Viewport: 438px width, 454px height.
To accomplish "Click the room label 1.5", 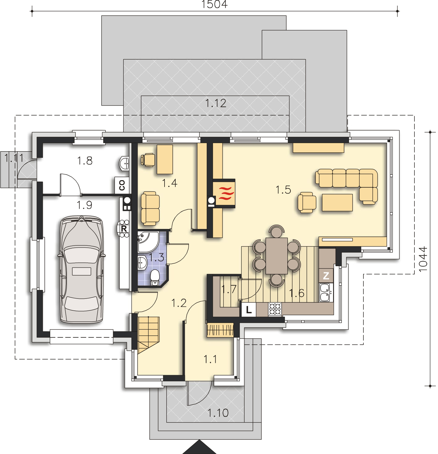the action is (x=283, y=190).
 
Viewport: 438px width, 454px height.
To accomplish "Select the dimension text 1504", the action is (x=214, y=5).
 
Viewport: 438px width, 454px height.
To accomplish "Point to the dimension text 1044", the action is (x=423, y=258).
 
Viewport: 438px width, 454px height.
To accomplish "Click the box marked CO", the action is (x=122, y=185).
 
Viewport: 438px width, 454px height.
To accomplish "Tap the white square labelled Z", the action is (x=326, y=275).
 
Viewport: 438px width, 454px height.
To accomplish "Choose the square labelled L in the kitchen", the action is (x=249, y=310).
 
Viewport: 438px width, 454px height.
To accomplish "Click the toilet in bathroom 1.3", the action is (x=155, y=278).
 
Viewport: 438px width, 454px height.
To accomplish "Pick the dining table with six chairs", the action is (x=276, y=255).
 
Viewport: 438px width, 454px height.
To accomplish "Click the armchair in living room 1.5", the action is (x=307, y=202).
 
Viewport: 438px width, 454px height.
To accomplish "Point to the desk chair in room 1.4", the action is (x=148, y=159).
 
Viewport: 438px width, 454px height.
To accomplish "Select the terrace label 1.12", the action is (x=216, y=103).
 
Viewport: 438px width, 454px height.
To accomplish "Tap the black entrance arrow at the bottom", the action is (x=199, y=447).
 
